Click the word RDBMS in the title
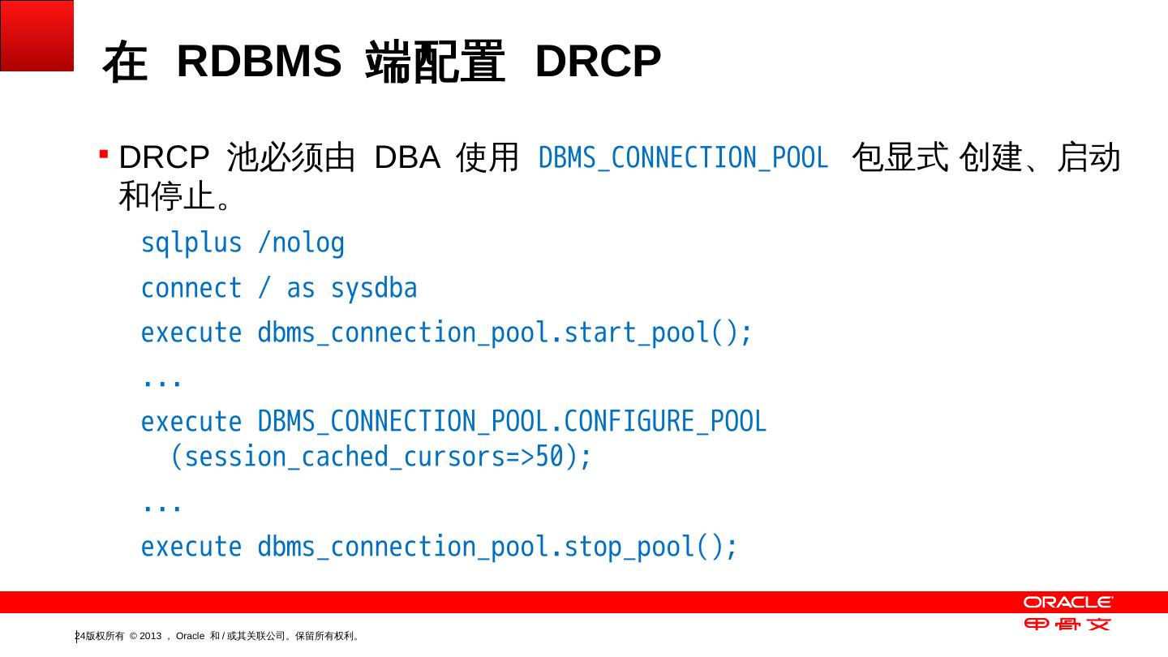[259, 62]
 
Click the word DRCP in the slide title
[598, 62]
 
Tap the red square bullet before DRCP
[104, 153]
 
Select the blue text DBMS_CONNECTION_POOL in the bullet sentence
[683, 158]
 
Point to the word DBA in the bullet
[406, 157]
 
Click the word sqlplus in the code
[191, 243]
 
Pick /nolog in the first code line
[301, 243]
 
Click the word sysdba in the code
[374, 289]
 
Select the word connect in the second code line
[191, 289]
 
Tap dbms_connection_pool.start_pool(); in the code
[505, 333]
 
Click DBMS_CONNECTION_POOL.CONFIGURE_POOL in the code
[512, 423]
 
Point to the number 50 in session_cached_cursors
[549, 457]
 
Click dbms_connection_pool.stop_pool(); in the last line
[497, 547]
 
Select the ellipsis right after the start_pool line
[161, 380]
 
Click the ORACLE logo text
[1067, 602]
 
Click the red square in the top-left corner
[36, 35]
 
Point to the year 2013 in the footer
[151, 636]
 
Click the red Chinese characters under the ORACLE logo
[1067, 624]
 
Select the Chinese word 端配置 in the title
[435, 63]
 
